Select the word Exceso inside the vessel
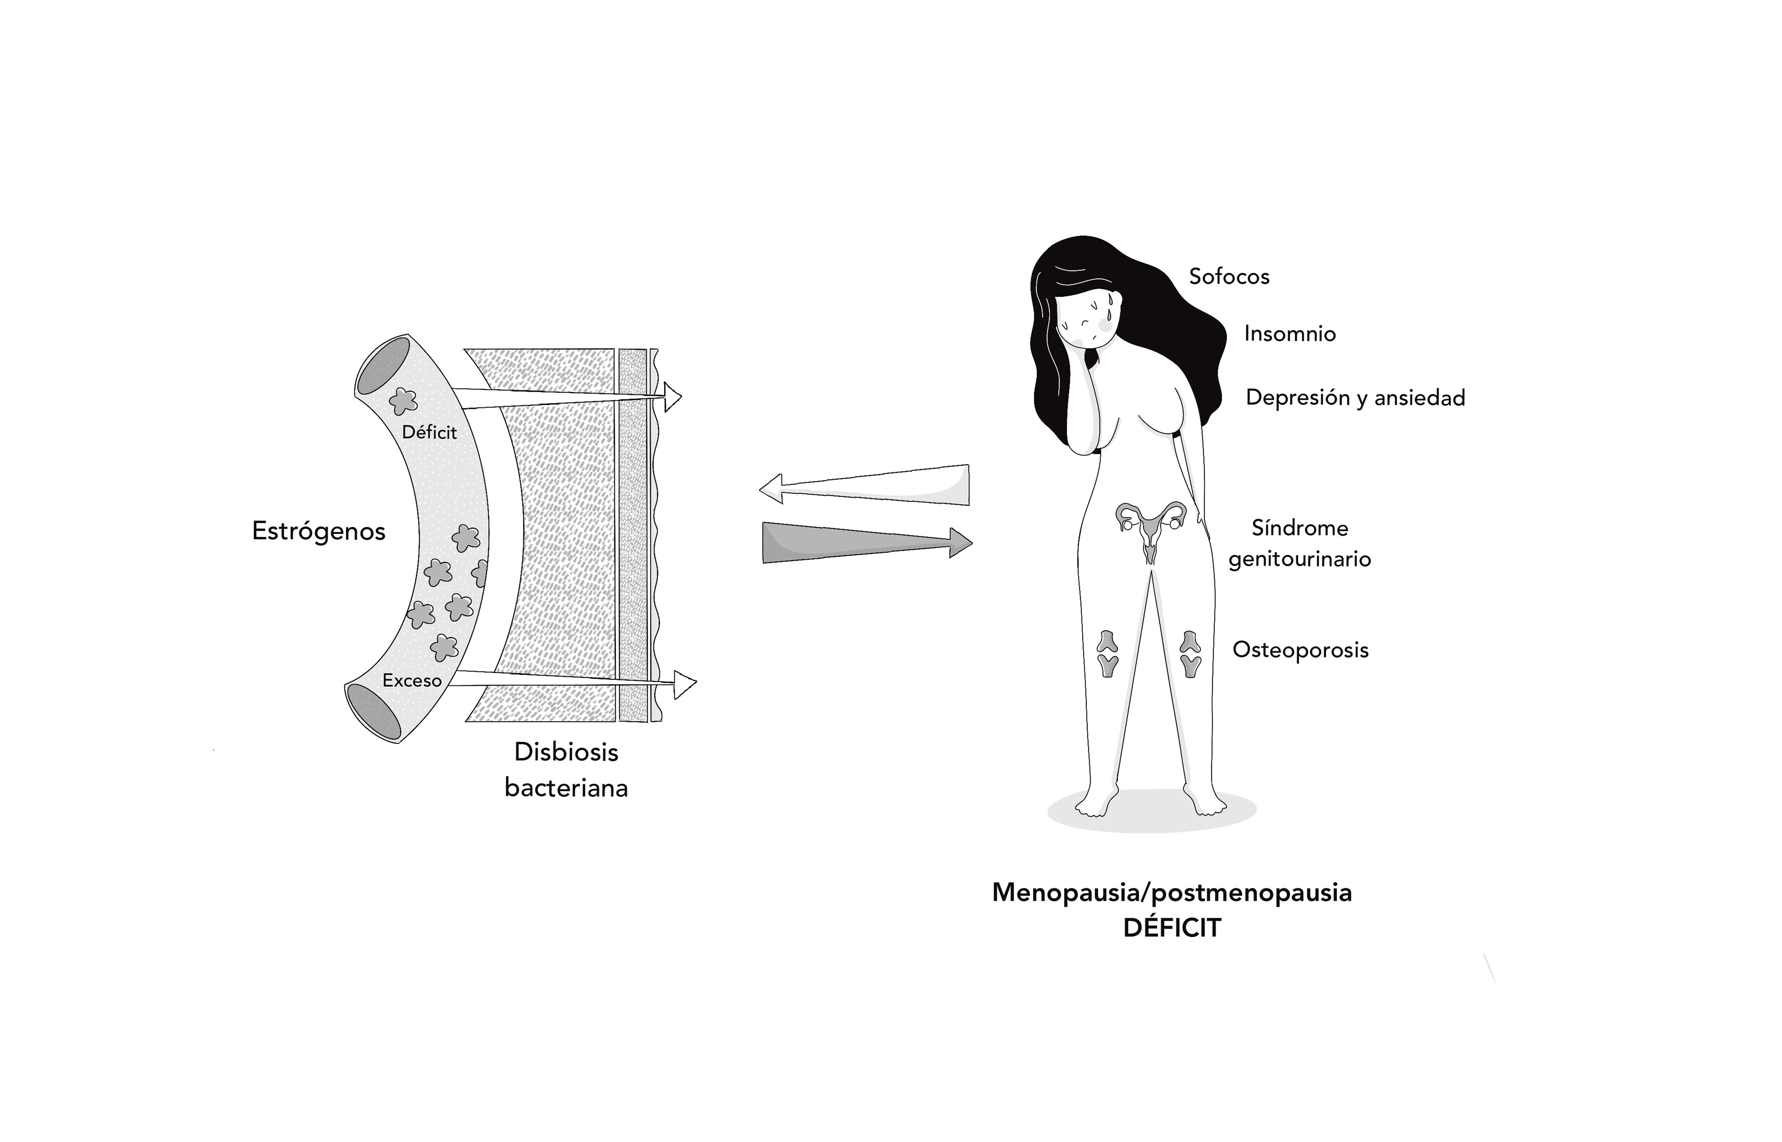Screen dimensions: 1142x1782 412,680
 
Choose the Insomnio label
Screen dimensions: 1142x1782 1290,334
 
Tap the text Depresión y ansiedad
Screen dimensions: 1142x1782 1355,398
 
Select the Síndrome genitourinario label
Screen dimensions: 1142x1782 1299,543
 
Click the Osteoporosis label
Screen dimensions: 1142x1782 1300,650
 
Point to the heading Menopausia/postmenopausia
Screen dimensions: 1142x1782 1172,892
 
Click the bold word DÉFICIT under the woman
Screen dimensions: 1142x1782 1172,928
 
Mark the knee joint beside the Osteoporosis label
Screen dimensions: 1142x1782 1190,653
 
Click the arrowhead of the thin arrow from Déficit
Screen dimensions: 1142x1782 672,398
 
